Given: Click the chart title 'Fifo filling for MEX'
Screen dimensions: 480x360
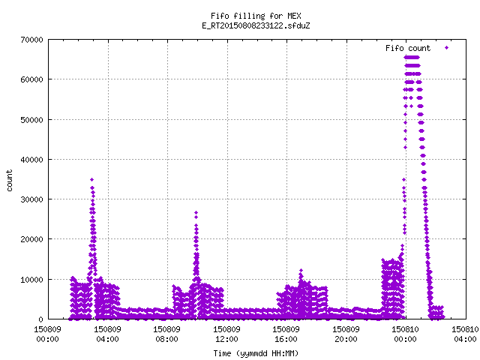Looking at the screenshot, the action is click(x=256, y=16).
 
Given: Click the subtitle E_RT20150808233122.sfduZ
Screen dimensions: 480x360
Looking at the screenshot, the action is click(x=256, y=25).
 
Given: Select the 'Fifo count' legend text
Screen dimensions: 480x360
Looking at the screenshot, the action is click(x=408, y=48).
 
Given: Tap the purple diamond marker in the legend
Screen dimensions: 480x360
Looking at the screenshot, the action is click(x=447, y=47).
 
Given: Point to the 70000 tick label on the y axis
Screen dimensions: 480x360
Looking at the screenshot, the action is click(x=31, y=40).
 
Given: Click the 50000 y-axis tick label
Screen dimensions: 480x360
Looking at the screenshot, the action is click(x=31, y=120).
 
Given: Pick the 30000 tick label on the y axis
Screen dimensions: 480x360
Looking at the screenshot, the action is click(x=31, y=199).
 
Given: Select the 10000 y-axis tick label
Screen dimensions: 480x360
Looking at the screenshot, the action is click(x=31, y=280).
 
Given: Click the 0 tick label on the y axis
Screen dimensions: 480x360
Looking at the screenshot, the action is click(x=40, y=319).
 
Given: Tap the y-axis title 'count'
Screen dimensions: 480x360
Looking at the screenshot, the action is click(x=10, y=181).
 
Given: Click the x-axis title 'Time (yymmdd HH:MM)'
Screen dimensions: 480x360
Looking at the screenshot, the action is click(x=256, y=353).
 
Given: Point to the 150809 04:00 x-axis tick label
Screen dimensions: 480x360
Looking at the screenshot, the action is click(x=107, y=334).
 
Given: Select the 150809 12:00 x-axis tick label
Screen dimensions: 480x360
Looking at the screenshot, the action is click(x=226, y=334).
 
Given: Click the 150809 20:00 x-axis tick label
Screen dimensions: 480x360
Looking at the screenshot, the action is click(x=346, y=334).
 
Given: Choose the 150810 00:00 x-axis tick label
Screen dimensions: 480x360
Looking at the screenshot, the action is click(x=406, y=334).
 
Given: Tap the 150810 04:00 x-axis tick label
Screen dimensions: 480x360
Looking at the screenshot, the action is click(x=465, y=334).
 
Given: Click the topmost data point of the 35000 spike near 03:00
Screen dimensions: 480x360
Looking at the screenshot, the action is click(x=91, y=180).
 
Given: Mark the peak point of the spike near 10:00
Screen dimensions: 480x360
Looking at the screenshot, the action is click(x=196, y=212).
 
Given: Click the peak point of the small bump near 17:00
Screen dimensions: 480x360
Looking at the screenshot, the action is click(x=301, y=271).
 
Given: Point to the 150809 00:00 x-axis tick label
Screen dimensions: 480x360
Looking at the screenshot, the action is click(x=48, y=334).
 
